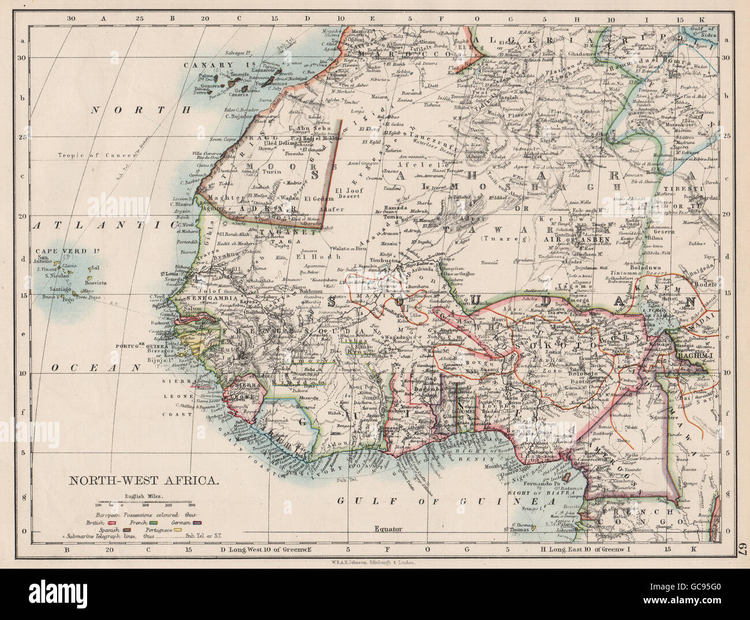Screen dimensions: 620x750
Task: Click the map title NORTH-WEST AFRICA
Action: (x=144, y=479)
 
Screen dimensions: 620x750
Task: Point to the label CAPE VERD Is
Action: (x=60, y=251)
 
